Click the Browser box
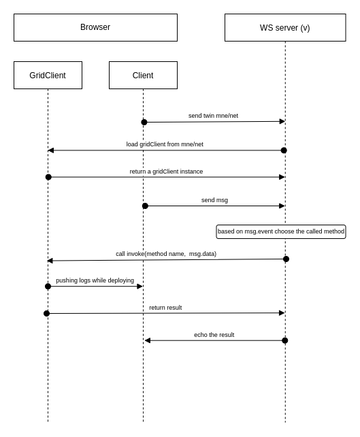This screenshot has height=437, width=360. click(x=95, y=27)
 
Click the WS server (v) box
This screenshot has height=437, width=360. click(x=284, y=28)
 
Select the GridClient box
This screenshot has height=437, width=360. click(x=48, y=76)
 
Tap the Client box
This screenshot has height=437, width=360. click(x=143, y=76)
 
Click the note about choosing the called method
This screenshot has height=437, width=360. click(x=280, y=231)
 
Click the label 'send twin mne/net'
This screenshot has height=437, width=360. click(x=213, y=116)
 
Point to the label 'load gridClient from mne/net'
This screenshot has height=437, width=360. click(x=165, y=144)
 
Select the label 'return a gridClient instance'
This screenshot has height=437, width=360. click(x=166, y=172)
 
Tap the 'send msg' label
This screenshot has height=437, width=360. click(x=214, y=200)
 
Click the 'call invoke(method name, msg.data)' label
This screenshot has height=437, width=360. click(x=166, y=254)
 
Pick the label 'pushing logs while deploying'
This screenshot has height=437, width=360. click(x=95, y=280)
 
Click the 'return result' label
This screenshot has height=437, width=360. click(x=165, y=308)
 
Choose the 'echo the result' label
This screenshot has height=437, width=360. click(x=214, y=335)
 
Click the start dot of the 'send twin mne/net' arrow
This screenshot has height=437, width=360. click(x=144, y=123)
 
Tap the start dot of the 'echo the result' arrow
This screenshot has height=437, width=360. click(x=284, y=340)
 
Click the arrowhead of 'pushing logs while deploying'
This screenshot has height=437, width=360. click(x=140, y=287)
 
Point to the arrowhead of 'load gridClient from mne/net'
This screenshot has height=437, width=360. click(x=51, y=150)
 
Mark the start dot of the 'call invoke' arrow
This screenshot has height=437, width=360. click(x=286, y=259)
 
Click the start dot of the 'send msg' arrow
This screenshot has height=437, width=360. click(x=145, y=206)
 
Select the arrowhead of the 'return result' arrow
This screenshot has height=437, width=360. click(x=282, y=313)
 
